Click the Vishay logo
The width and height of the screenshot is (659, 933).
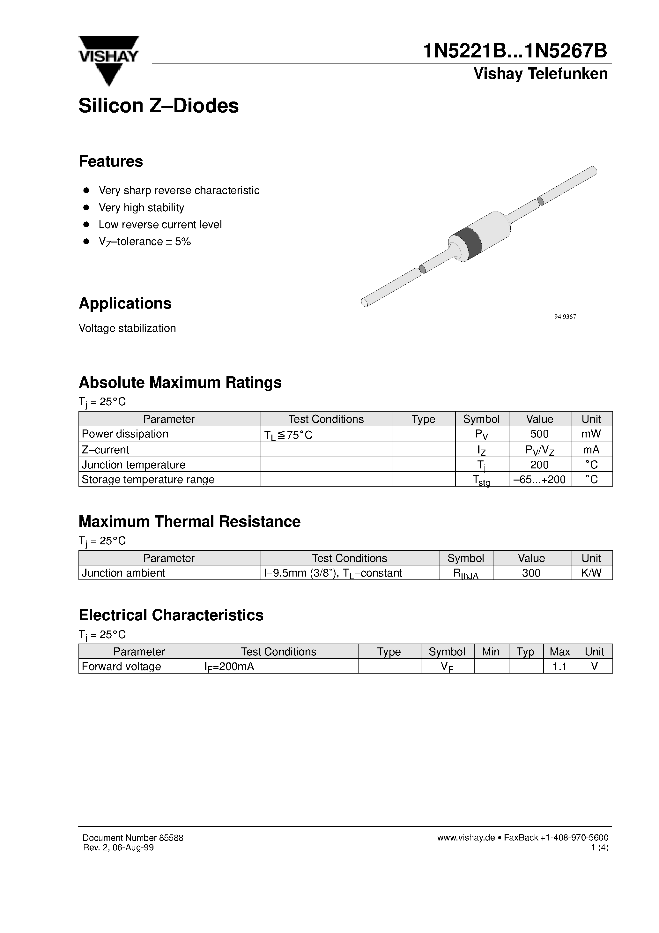[108, 60]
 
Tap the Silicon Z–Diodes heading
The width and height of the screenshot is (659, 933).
[159, 106]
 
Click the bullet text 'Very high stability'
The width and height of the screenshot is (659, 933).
[141, 208]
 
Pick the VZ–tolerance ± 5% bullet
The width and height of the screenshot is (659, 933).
[144, 242]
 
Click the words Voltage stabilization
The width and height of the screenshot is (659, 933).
[127, 328]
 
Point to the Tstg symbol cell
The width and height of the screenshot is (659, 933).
[481, 480]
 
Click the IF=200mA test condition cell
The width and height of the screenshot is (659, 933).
[230, 667]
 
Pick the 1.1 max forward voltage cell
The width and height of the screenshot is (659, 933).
[559, 667]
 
